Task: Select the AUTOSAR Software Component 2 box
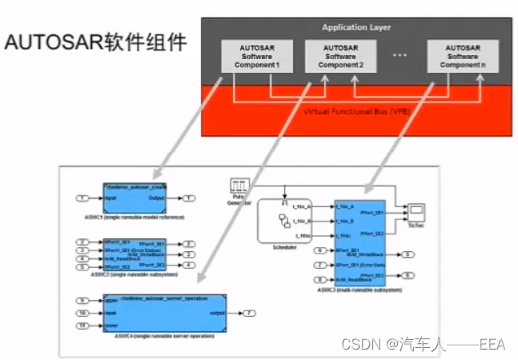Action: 340,57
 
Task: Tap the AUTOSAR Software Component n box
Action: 461,57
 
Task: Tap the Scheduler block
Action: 284,221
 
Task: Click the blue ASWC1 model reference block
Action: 135,198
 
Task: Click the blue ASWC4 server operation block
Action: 165,312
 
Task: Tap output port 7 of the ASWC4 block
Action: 249,313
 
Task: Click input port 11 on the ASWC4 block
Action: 82,326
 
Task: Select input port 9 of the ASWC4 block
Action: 82,300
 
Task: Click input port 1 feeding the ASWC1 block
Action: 82,198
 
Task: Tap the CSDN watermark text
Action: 423,344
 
